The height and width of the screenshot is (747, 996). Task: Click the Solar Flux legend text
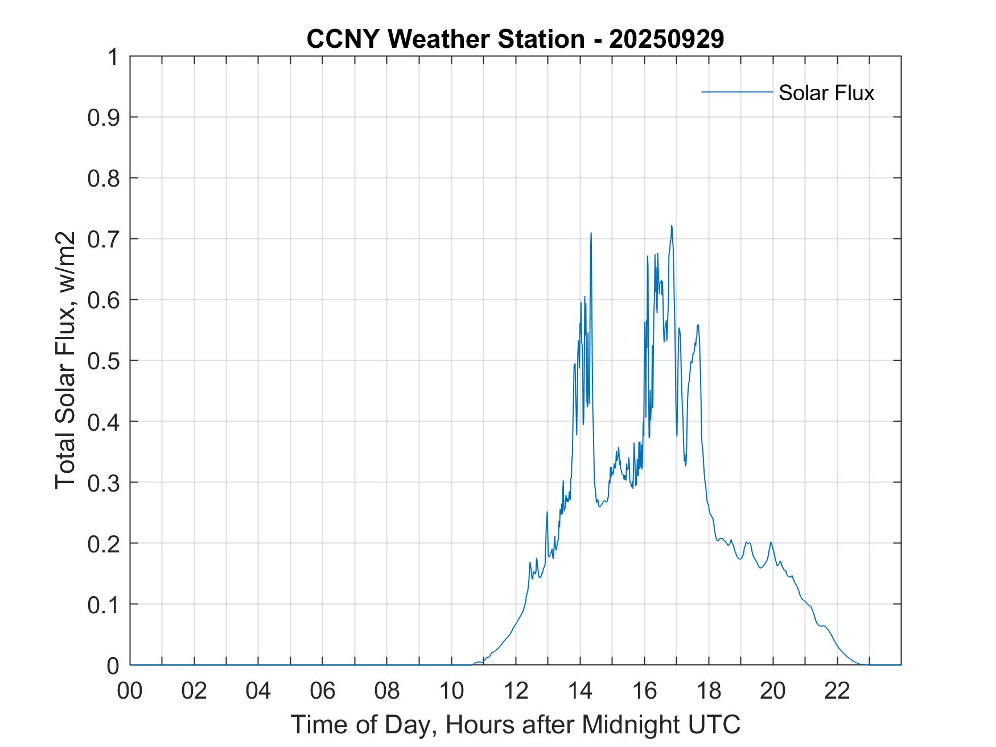point(826,93)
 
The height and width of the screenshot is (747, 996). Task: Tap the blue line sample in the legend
point(736,92)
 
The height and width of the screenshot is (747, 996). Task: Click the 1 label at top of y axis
point(113,57)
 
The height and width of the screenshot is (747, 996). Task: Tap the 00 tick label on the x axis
point(130,691)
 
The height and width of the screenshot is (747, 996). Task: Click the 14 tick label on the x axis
point(580,691)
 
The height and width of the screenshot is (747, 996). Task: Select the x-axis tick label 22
point(837,691)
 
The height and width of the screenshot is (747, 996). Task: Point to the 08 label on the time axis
point(387,691)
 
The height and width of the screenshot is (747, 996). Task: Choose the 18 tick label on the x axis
point(709,691)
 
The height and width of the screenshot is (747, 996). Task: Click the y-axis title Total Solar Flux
point(65,360)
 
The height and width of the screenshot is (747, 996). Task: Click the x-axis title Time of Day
point(515,724)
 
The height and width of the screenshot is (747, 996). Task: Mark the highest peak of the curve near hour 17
point(672,226)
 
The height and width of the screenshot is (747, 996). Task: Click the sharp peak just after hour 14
point(591,233)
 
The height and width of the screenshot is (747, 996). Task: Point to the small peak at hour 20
point(771,542)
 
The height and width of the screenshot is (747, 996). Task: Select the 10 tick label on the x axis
point(451,691)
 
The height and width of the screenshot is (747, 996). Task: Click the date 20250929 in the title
point(666,39)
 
